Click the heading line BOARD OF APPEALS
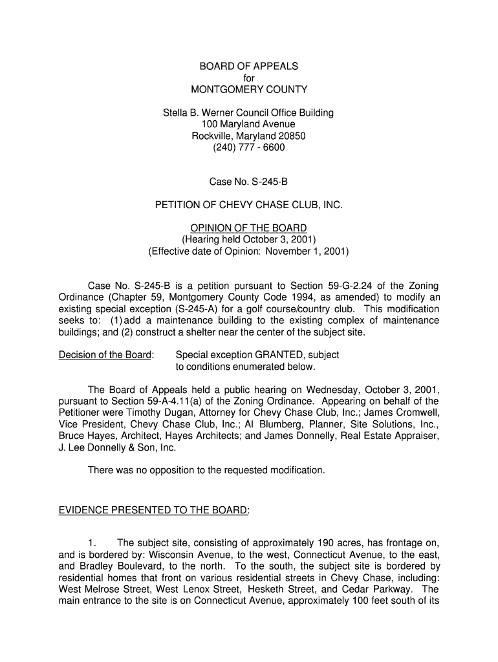[248, 66]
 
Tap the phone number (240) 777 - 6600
[248, 147]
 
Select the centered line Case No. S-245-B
[248, 182]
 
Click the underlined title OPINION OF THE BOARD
[248, 228]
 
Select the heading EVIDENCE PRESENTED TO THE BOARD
[154, 510]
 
